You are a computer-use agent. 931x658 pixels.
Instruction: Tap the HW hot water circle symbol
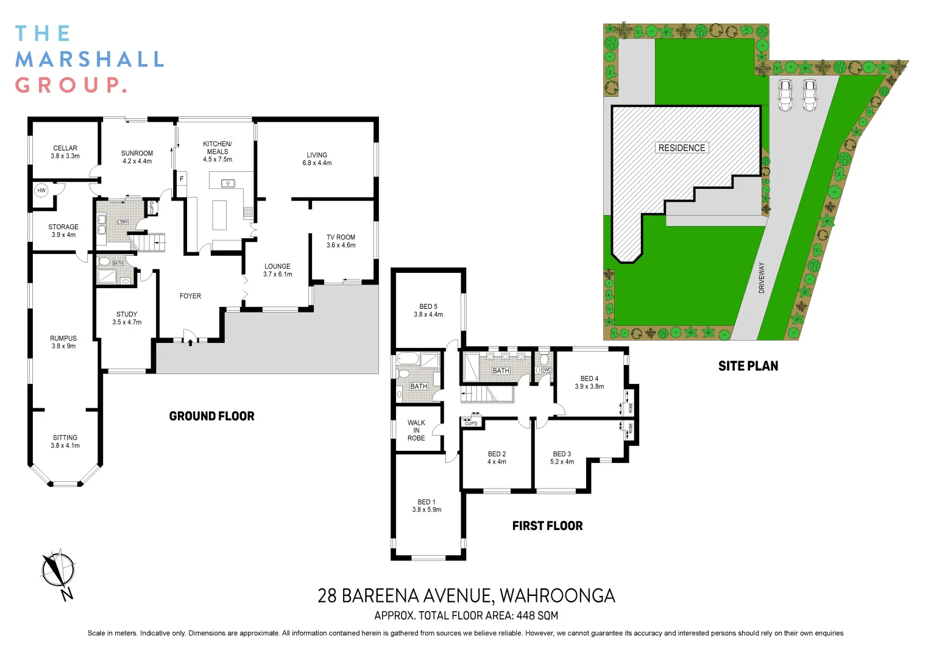click(41, 191)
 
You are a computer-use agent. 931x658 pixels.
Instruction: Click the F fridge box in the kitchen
click(181, 179)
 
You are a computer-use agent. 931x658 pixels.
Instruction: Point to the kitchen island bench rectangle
click(219, 214)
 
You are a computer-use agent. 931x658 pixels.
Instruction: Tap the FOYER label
click(190, 296)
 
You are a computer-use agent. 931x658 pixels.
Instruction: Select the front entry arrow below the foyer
click(191, 342)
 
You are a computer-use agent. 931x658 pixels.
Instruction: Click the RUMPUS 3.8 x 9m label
click(63, 342)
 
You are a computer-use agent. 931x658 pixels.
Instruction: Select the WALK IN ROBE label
click(416, 430)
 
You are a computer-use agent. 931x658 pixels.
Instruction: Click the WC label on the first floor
click(547, 370)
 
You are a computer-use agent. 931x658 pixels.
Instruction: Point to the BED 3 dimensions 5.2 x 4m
click(562, 462)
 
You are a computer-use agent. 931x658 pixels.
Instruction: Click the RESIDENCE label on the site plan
click(681, 148)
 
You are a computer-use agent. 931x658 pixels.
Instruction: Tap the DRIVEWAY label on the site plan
click(762, 278)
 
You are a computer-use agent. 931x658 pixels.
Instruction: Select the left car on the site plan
click(785, 95)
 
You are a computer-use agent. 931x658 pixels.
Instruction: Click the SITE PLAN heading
click(748, 366)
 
